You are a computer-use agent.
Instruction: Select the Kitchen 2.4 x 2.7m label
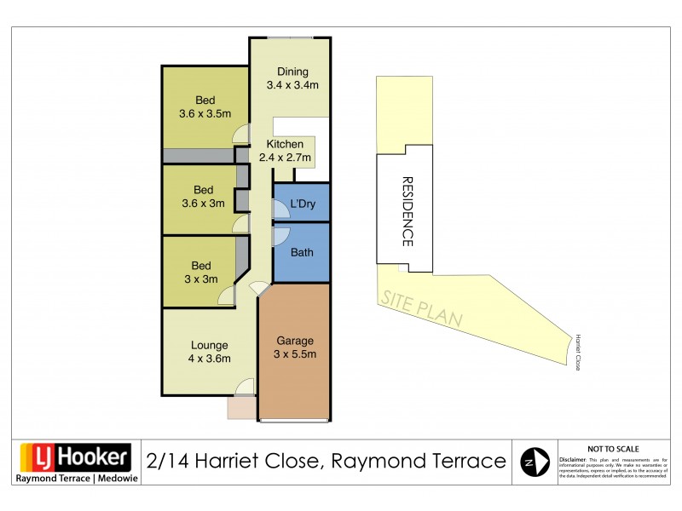(285, 151)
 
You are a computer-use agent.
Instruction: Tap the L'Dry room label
(303, 204)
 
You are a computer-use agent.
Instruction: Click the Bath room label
(302, 252)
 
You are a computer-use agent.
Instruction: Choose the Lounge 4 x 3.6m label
(209, 352)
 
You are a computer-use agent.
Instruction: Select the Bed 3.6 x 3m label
(203, 196)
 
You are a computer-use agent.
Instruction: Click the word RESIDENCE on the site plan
(407, 212)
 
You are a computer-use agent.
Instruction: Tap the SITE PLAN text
(421, 309)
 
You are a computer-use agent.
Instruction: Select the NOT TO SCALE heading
(613, 448)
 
